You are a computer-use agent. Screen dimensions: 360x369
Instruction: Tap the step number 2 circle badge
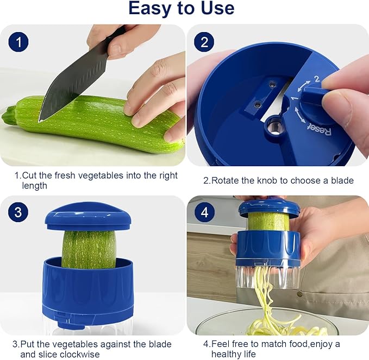204,42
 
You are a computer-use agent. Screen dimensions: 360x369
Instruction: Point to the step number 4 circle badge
204,212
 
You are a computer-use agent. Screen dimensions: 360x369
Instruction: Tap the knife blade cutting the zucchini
60,87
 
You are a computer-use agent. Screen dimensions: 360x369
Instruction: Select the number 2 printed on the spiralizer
317,79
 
